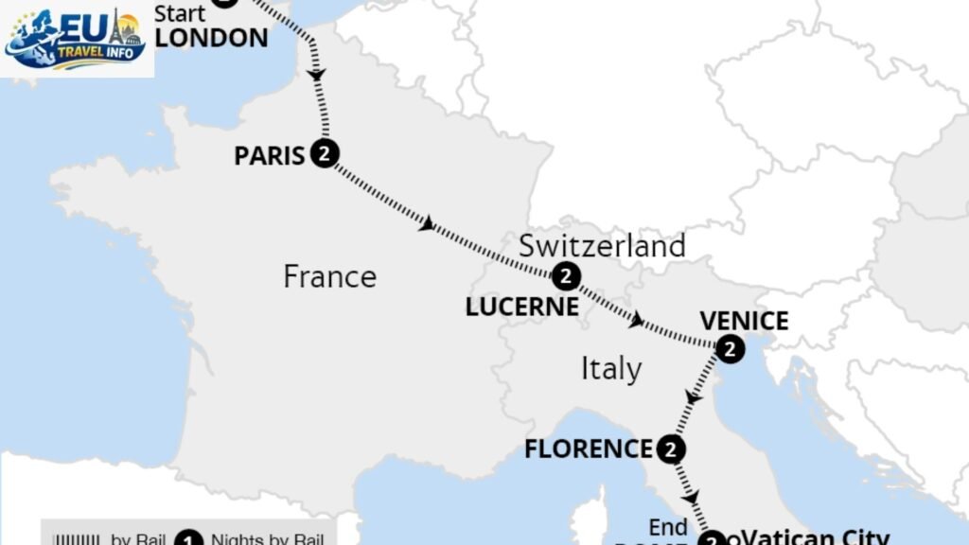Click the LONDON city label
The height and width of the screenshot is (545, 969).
(211, 38)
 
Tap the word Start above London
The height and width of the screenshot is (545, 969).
(180, 13)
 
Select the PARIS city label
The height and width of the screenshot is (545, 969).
(270, 155)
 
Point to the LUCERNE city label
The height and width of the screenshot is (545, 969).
(521, 306)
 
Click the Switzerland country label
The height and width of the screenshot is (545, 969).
(602, 246)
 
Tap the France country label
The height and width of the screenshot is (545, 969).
(330, 276)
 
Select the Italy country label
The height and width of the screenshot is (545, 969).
(610, 368)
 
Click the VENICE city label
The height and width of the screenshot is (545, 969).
(744, 320)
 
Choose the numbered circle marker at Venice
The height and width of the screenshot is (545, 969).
(730, 350)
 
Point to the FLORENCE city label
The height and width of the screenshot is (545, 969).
(589, 448)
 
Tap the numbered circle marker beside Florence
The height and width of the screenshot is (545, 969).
(671, 449)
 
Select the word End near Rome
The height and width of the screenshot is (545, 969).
(667, 527)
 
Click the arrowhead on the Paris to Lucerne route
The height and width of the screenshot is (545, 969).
(428, 224)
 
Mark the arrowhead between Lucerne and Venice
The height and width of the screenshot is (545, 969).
(639, 322)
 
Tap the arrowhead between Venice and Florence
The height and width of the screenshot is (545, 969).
(693, 398)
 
